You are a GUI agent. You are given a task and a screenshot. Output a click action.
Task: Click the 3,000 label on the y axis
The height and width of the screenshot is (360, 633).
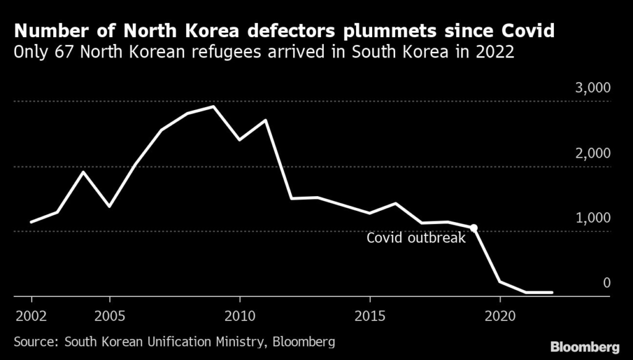click(593, 88)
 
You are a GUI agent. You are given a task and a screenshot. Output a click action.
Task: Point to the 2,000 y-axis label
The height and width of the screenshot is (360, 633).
click(593, 153)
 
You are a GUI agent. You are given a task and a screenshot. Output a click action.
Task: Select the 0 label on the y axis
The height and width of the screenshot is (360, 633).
click(606, 283)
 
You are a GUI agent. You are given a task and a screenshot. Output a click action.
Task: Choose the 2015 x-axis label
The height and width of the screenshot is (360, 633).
click(370, 314)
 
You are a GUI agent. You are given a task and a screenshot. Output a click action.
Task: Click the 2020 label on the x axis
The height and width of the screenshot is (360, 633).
click(500, 314)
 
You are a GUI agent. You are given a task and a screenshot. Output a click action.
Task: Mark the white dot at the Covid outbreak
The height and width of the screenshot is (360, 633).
click(474, 228)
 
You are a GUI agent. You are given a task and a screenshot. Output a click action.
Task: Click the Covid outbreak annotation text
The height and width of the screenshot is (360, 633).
click(415, 238)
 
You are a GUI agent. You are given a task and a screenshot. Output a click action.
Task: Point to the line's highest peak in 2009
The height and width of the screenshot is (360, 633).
click(213, 106)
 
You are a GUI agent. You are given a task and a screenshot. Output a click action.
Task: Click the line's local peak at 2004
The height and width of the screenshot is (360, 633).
click(83, 171)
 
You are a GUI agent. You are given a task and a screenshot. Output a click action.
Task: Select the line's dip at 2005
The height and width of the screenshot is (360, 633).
click(109, 206)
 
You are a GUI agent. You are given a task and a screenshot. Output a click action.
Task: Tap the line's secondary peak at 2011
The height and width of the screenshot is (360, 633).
click(266, 120)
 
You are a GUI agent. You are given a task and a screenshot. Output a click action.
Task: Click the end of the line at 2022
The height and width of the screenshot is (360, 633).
click(551, 292)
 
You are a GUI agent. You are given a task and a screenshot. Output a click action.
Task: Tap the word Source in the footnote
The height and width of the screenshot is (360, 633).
click(35, 341)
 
